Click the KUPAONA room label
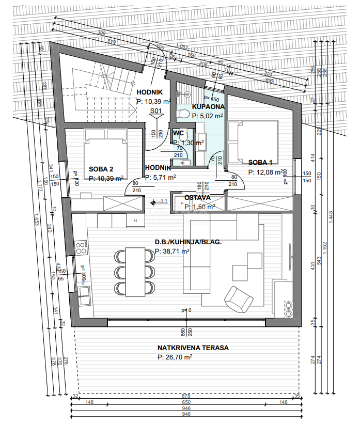(x=208, y=106)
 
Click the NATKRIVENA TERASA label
(x=193, y=348)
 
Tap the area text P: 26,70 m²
(x=175, y=357)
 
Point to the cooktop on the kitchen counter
(x=81, y=248)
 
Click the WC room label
(x=179, y=133)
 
